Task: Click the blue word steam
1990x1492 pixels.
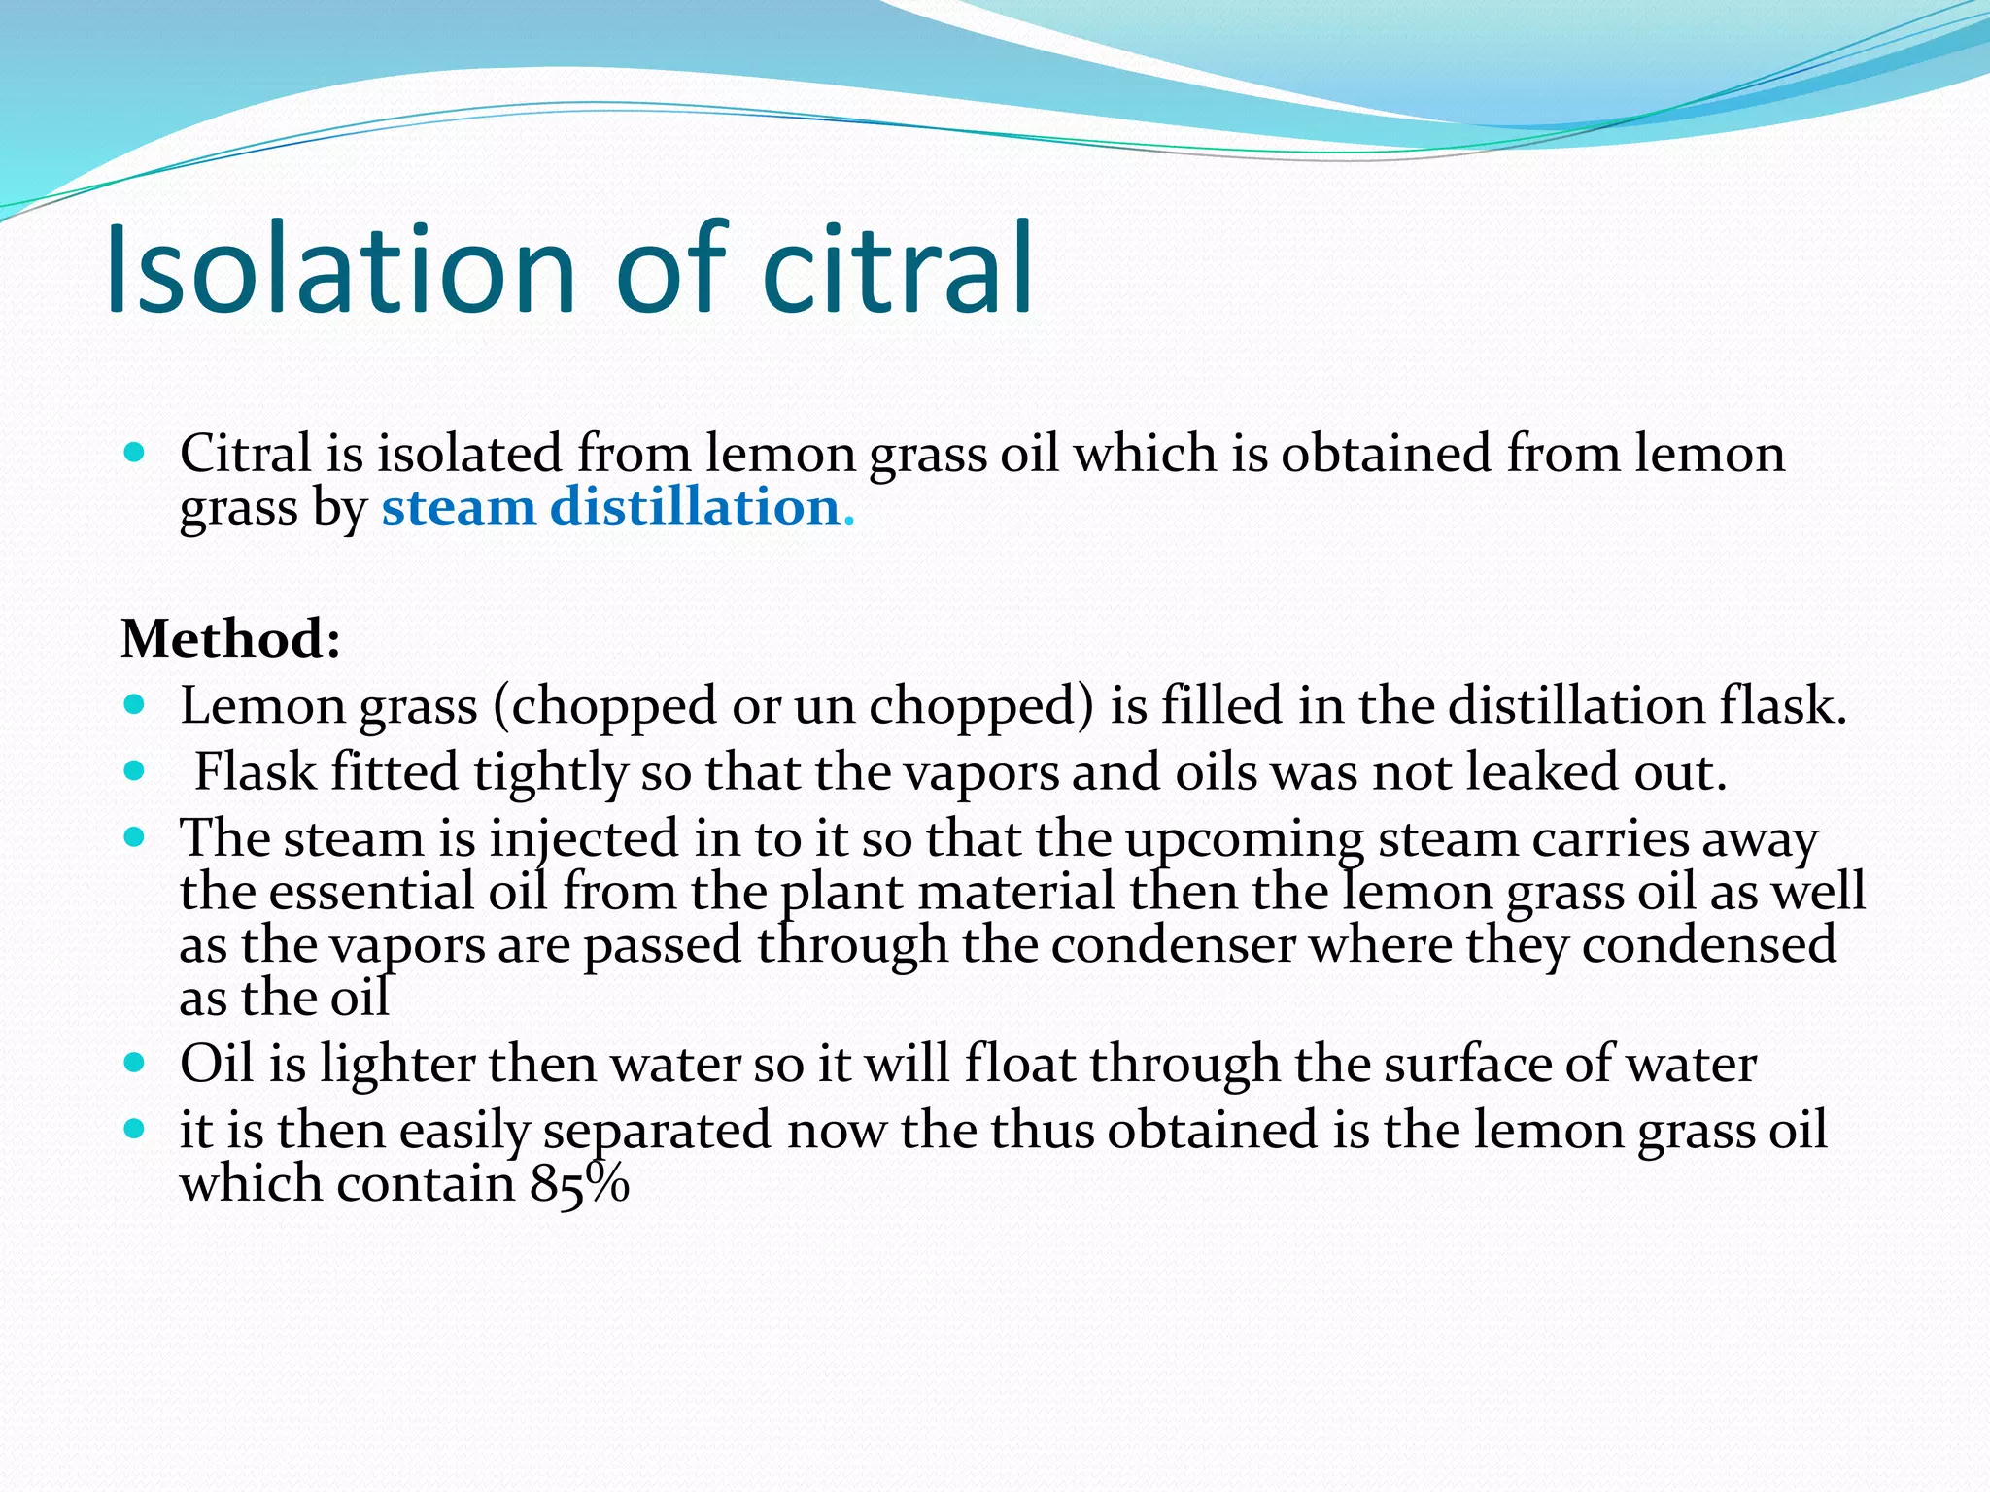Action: (x=458, y=507)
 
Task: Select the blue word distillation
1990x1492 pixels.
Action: (x=695, y=507)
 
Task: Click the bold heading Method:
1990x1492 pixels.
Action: (x=231, y=639)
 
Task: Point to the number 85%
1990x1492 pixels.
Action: (x=580, y=1183)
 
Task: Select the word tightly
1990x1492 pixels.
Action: (x=550, y=773)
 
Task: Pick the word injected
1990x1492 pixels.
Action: (x=583, y=839)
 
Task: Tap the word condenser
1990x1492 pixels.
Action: (x=1173, y=945)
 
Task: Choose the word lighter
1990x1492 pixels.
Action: (x=397, y=1065)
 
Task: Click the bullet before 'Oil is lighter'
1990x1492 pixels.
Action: (x=135, y=1063)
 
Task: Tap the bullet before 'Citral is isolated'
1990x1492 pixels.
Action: (x=135, y=452)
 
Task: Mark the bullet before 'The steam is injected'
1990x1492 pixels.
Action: (x=135, y=836)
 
